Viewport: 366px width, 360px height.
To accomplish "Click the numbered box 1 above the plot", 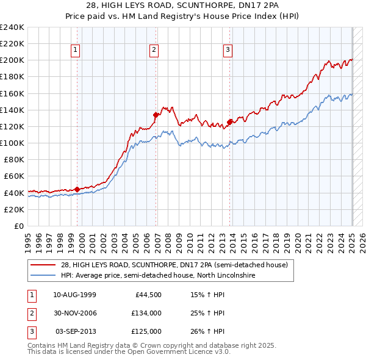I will pyautogui.click(x=76, y=51).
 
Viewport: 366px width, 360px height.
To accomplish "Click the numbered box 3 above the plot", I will pyautogui.click(x=227, y=51).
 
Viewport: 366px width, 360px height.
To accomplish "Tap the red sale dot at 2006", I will pyautogui.click(x=156, y=114).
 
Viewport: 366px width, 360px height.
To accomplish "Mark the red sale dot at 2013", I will pyautogui.click(x=229, y=121).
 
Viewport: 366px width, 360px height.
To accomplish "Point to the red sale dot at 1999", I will pyautogui.click(x=77, y=189).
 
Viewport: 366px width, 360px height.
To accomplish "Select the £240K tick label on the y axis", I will pyautogui.click(x=12, y=27).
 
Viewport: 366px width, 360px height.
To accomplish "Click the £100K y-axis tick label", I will pyautogui.click(x=12, y=143).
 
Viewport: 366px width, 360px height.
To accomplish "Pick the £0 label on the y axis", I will pyautogui.click(x=18, y=226).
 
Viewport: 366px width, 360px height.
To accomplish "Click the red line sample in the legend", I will pyautogui.click(x=43, y=265).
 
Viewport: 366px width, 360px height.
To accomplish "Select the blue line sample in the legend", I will pyautogui.click(x=43, y=275).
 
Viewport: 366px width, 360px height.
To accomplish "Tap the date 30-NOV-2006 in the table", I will pyautogui.click(x=75, y=313).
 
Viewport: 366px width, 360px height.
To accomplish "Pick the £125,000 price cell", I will pyautogui.click(x=146, y=331).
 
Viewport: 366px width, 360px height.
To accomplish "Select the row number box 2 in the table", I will pyautogui.click(x=30, y=313).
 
